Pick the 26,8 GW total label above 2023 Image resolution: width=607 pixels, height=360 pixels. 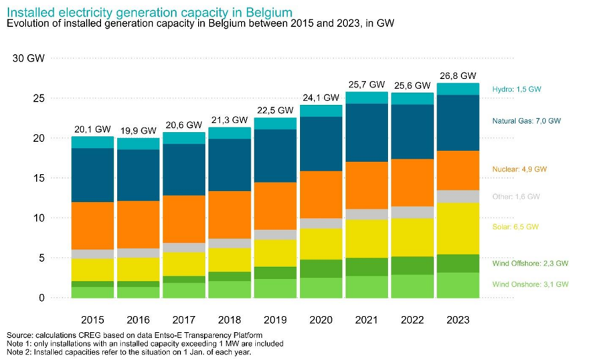(x=458, y=76)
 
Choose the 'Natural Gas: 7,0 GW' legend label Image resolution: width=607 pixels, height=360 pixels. (x=527, y=121)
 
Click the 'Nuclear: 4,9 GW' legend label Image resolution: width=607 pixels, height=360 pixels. (x=519, y=170)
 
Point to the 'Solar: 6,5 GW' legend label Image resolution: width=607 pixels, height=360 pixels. (x=515, y=228)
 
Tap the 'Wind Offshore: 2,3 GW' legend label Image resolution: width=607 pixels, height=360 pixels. (x=530, y=264)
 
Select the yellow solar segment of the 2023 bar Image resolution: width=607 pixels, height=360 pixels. (x=458, y=228)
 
